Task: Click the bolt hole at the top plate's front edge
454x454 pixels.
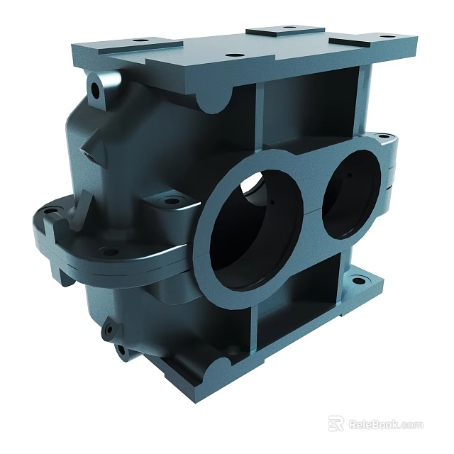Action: pos(231,55)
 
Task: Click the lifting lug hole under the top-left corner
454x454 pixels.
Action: pos(96,88)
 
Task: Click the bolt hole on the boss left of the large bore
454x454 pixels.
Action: pos(172,201)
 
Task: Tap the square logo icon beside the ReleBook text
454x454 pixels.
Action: pos(336,423)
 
